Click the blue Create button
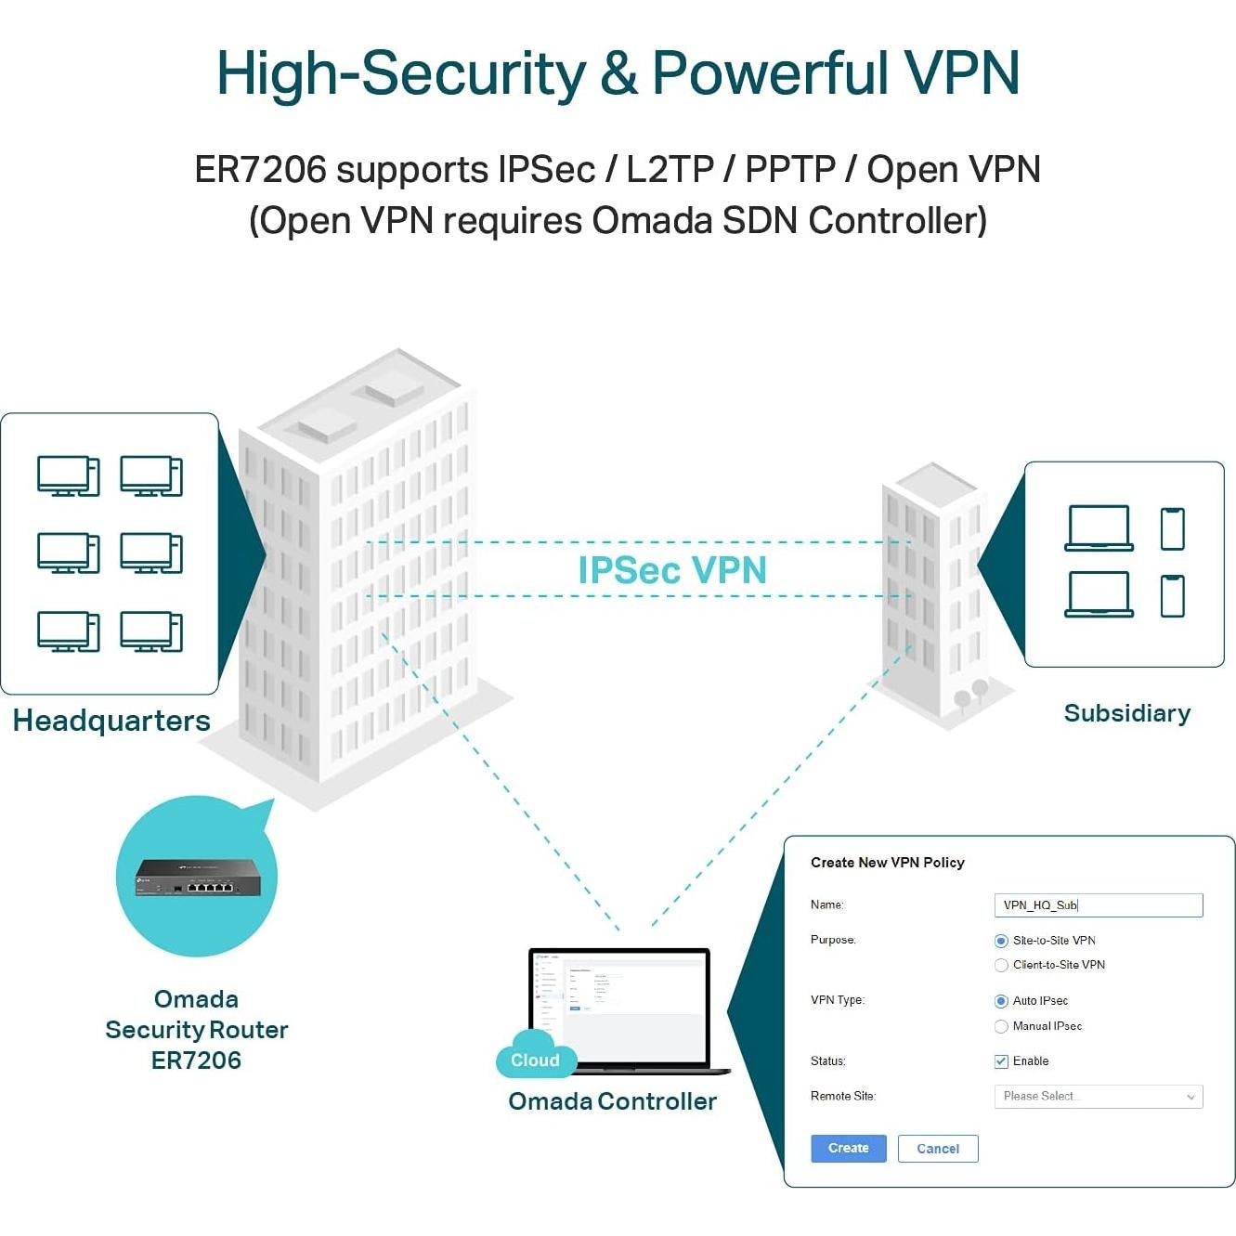848,1148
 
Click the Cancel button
937,1149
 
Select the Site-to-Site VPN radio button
1001,941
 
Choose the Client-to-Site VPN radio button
1001,966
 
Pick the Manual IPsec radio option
1001,1026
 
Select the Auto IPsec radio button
1001,1001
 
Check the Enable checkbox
1001,1061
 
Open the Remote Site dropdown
1098,1097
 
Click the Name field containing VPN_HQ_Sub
1098,905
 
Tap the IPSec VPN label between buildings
672,570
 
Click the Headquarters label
111,721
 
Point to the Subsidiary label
1126,713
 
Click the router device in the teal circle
198,878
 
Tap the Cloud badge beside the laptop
535,1060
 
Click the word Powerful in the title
770,73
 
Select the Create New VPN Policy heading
887,863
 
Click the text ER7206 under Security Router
196,1060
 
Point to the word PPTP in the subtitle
790,170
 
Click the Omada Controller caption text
612,1101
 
